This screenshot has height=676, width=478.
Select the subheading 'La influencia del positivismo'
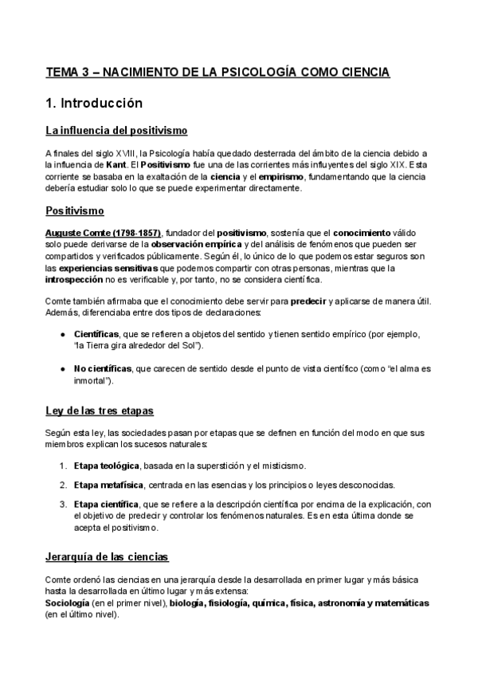tap(116, 131)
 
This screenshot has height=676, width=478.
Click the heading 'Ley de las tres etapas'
tap(99, 411)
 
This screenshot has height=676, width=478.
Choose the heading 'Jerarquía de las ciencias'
tap(107, 557)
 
